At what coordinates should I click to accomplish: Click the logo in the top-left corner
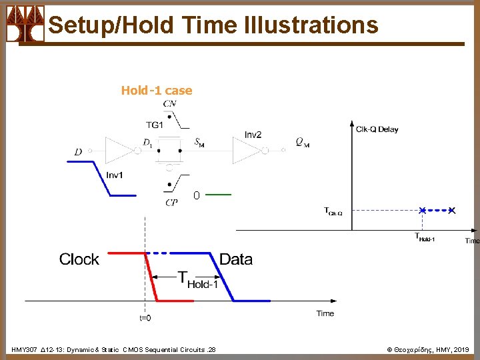click(25, 24)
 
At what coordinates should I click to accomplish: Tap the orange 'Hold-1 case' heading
click(156, 91)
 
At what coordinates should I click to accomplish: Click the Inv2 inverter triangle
click(247, 151)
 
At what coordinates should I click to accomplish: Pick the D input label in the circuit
click(79, 153)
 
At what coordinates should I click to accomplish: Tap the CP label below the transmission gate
click(171, 202)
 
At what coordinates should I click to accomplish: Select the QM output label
click(302, 142)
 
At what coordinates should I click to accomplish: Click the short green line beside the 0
click(219, 195)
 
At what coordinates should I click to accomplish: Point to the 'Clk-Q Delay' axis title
click(377, 129)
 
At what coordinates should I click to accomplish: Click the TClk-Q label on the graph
click(333, 212)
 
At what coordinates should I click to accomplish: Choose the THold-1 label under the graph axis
click(425, 237)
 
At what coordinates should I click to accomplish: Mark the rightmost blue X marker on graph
click(452, 211)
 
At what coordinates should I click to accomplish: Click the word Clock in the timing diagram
click(79, 259)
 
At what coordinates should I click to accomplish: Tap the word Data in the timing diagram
click(236, 259)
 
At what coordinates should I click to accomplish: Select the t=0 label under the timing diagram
click(145, 318)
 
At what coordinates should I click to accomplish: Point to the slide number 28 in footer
click(211, 349)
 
